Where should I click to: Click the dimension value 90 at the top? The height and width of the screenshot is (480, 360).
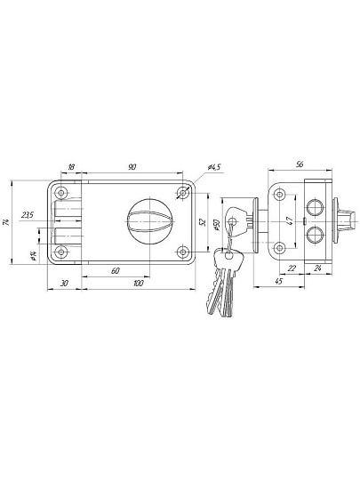point(132,167)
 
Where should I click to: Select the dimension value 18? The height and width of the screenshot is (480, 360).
point(71,167)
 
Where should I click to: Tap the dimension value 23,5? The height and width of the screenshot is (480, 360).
point(28,215)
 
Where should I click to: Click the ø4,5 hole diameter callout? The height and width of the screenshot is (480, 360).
point(214,167)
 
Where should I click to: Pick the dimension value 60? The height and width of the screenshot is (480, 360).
point(115,270)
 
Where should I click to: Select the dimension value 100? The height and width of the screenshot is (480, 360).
point(139,284)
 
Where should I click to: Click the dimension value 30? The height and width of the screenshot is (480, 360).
point(64,284)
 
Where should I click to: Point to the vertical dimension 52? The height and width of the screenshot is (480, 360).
point(203,222)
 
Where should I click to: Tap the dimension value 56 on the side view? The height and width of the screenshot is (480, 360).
point(300,164)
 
